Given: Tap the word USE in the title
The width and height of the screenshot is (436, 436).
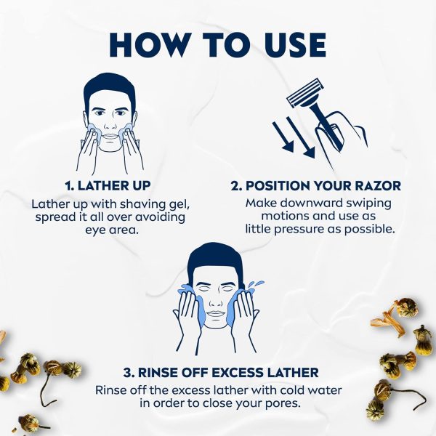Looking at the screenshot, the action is pyautogui.click(x=295, y=45).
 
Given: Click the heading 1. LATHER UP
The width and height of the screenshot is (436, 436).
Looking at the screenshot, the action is pyautogui.click(x=108, y=186).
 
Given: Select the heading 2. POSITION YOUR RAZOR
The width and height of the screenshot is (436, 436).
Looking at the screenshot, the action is pyautogui.click(x=316, y=186).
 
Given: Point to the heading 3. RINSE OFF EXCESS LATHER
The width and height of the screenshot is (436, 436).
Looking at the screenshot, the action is pyautogui.click(x=221, y=373).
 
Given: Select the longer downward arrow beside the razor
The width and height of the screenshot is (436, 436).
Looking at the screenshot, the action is pyautogui.click(x=301, y=137).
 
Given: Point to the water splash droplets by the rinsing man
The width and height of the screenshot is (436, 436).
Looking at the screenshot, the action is pyautogui.click(x=256, y=285).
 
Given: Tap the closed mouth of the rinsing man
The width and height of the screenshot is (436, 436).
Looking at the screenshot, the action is pyautogui.click(x=216, y=312).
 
